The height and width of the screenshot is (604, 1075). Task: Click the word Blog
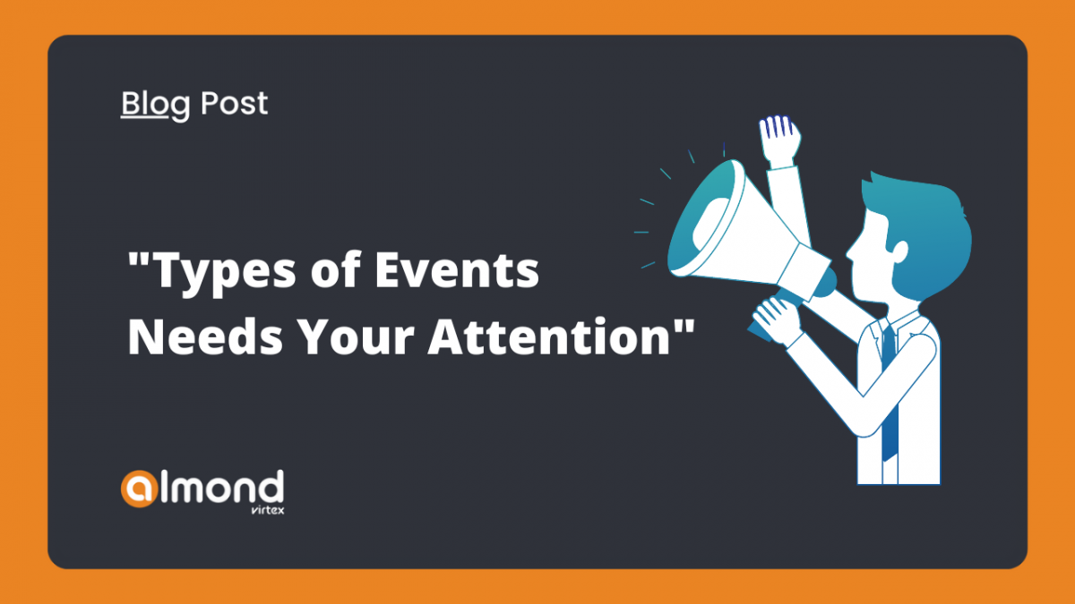click(x=155, y=105)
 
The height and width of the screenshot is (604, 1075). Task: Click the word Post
click(x=234, y=103)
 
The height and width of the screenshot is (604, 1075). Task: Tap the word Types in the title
click(x=225, y=272)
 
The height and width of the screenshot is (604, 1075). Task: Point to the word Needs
click(x=205, y=336)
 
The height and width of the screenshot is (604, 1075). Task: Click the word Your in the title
click(x=355, y=336)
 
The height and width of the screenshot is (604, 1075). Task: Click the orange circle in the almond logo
click(x=139, y=489)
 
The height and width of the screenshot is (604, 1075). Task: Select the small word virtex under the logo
click(x=267, y=509)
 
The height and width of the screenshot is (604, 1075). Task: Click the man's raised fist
click(x=779, y=141)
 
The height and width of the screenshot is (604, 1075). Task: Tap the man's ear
click(x=900, y=251)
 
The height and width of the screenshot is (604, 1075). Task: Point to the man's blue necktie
click(x=890, y=393)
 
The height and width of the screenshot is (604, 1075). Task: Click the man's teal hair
click(x=922, y=230)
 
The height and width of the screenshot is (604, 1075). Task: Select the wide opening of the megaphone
click(x=707, y=218)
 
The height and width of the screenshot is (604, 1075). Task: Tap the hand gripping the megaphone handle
click(x=777, y=320)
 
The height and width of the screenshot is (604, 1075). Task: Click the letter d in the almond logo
click(x=272, y=487)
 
